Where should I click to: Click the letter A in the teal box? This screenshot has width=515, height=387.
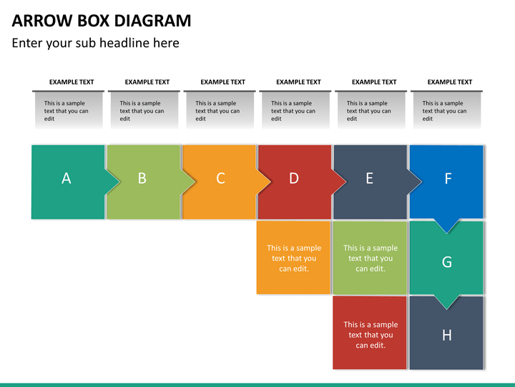click(x=67, y=178)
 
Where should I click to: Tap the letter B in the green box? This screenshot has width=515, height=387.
click(x=142, y=178)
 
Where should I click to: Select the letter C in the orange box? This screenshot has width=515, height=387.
click(x=220, y=178)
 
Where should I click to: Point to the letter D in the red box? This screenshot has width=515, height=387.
click(x=294, y=178)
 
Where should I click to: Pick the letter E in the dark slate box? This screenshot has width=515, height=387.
click(x=370, y=178)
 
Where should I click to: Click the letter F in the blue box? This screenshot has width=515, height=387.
click(x=448, y=178)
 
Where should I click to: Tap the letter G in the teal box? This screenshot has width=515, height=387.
click(x=446, y=262)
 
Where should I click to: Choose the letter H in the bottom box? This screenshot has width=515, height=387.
click(x=446, y=335)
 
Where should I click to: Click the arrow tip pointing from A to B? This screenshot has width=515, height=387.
click(x=119, y=181)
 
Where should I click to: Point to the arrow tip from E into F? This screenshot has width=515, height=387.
click(x=422, y=181)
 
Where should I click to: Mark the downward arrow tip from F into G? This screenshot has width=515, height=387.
click(x=446, y=234)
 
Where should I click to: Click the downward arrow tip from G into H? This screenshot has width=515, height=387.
click(x=446, y=309)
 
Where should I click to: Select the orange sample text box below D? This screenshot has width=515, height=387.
click(x=293, y=257)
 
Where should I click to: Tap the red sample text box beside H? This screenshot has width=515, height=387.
click(x=370, y=333)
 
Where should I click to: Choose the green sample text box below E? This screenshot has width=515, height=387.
click(x=370, y=258)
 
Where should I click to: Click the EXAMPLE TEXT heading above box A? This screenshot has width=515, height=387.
click(x=72, y=82)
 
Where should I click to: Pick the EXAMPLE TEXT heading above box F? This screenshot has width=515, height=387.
click(x=450, y=82)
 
